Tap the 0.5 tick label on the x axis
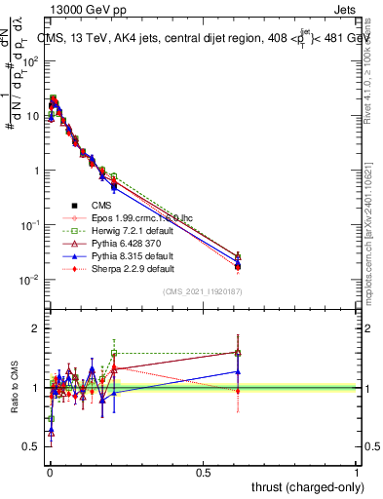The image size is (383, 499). point(203,472)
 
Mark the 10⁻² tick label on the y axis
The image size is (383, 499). point(30,280)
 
